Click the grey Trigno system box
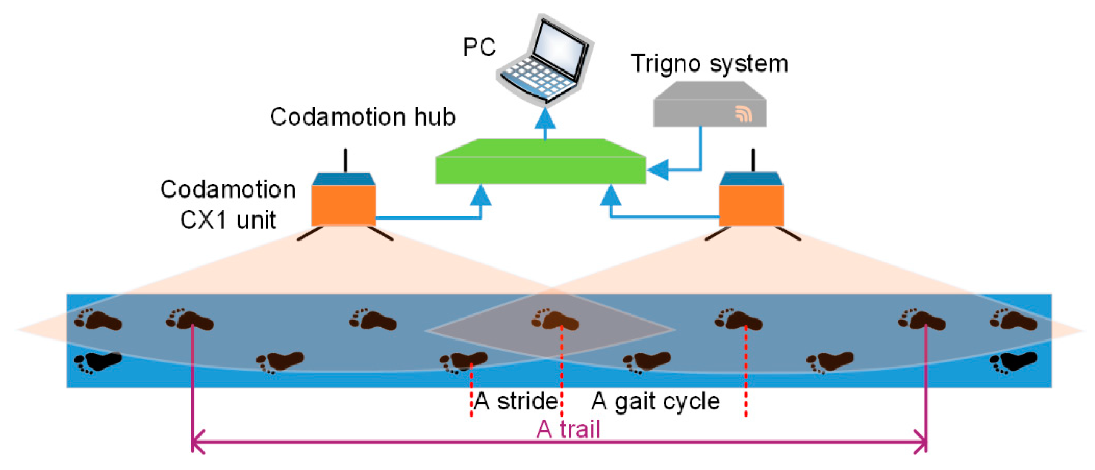pos(710,107)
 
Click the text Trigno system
pos(709,64)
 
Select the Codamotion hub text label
pos(363,116)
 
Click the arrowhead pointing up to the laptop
pos(545,119)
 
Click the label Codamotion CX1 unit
pos(228,204)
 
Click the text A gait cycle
pos(655,401)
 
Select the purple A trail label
pos(568,429)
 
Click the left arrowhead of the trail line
pos(198,442)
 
